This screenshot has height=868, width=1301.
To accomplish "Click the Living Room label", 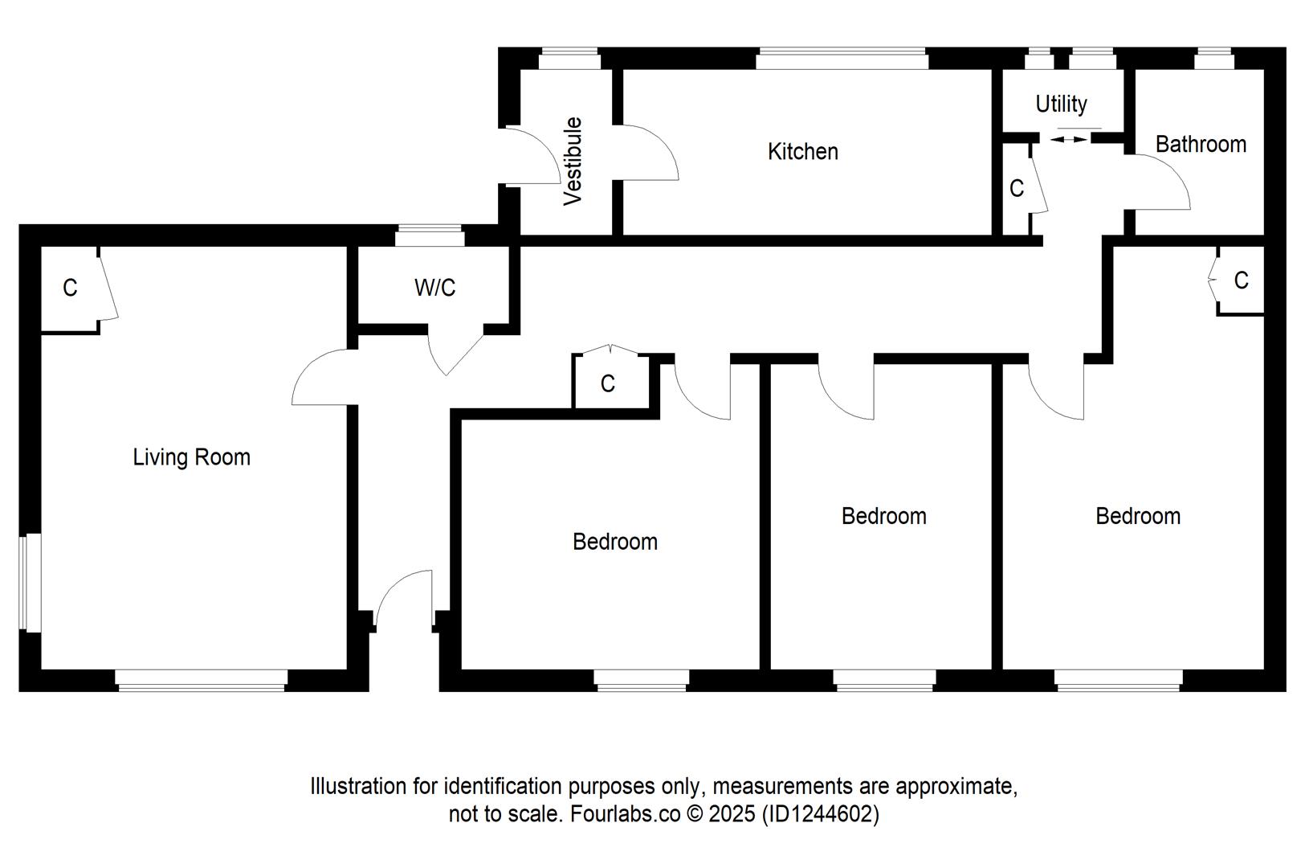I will click(191, 457).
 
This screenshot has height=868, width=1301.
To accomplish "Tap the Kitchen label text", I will click(802, 151).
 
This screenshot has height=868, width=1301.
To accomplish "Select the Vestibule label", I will click(573, 161).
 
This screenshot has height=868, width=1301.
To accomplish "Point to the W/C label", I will click(434, 287).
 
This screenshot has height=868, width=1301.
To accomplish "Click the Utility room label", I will click(1061, 104).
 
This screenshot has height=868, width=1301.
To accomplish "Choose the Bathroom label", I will click(1201, 144).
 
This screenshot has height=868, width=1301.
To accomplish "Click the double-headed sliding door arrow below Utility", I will click(1069, 139).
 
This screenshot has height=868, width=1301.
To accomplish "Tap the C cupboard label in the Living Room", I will click(70, 288).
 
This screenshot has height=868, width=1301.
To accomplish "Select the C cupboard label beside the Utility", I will click(1017, 188).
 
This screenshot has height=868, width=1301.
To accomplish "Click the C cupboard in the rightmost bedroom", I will click(1241, 280).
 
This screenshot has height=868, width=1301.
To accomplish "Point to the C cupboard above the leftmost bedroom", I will click(608, 383).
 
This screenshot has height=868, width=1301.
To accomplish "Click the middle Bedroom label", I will click(883, 516).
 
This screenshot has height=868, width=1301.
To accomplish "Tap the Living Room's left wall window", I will click(30, 583).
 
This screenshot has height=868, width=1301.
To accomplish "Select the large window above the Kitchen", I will click(842, 59).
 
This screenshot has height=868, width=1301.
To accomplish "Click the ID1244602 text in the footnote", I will click(819, 814).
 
